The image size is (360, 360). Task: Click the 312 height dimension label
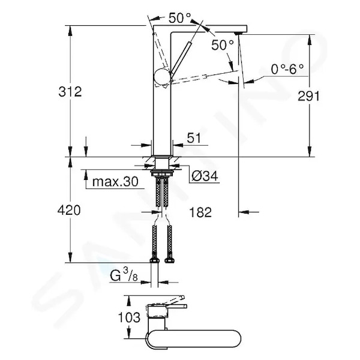click(70, 91)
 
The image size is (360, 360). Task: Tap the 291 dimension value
click(308, 96)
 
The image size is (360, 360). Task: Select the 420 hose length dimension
click(69, 210)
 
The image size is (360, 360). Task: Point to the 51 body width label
click(194, 138)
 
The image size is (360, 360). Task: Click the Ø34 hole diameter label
click(205, 176)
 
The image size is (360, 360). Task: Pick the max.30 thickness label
click(115, 182)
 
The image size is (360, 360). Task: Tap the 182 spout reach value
click(200, 212)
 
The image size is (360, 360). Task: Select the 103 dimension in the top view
click(129, 317)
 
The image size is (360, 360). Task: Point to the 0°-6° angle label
click(287, 69)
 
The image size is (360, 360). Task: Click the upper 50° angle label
click(179, 17)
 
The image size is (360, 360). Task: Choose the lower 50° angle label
click(222, 45)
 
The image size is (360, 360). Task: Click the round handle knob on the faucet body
click(163, 77)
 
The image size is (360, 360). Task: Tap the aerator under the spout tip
click(239, 34)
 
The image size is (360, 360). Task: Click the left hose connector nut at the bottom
click(155, 260)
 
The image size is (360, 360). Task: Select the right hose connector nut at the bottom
click(170, 260)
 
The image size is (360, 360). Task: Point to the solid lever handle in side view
click(181, 57)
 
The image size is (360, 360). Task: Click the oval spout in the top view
click(194, 340)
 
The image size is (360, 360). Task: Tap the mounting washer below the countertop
click(163, 172)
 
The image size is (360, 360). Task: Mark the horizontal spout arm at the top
click(200, 28)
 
